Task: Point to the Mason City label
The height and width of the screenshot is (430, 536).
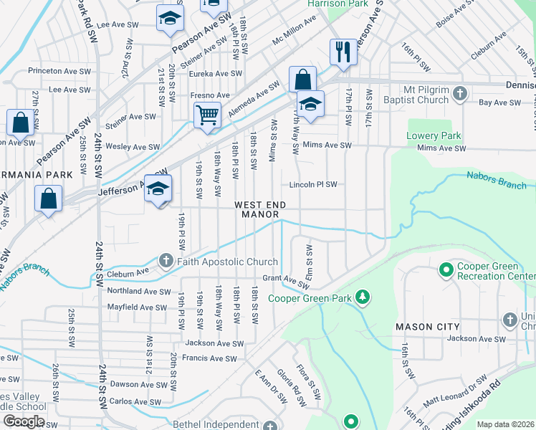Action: [423, 327]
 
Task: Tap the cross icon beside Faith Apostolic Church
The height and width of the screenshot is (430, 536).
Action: [166, 261]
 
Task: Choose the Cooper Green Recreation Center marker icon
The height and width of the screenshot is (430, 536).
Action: [446, 271]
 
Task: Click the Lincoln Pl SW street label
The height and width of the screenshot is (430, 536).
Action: [312, 185]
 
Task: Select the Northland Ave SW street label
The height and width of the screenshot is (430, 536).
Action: [139, 292]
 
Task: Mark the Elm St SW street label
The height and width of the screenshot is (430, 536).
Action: [310, 259]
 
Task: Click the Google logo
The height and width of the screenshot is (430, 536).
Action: [24, 421]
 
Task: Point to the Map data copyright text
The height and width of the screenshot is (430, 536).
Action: [506, 424]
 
